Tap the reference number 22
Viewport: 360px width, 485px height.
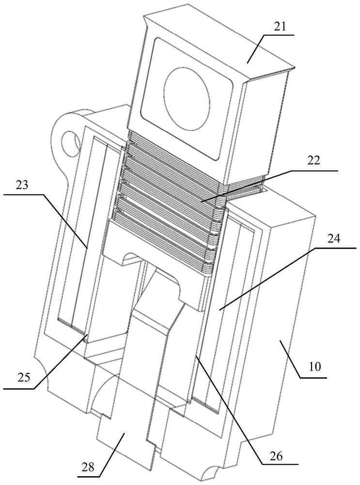313,162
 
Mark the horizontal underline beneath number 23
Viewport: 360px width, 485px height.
22,194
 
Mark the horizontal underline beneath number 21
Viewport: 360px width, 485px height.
279,35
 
